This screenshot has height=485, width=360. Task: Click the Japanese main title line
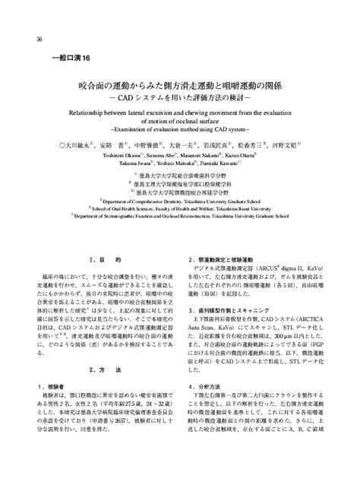pyautogui.click(x=180, y=87)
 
